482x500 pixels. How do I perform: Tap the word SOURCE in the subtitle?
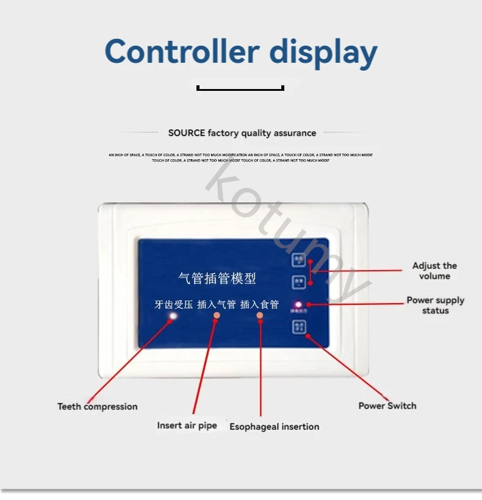[x=187, y=133]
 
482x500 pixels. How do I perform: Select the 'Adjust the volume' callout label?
[x=434, y=271]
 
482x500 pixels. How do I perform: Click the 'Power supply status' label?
[x=435, y=305]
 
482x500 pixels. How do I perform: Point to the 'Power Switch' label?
[x=387, y=405]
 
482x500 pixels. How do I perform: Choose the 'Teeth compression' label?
[x=98, y=406]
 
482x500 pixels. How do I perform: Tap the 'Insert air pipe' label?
[x=187, y=425]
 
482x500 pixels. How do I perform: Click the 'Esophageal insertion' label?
[x=274, y=426]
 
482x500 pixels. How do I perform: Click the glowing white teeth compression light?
[x=173, y=316]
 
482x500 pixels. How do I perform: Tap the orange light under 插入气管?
[x=217, y=315]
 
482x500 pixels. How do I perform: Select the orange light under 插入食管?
[x=260, y=315]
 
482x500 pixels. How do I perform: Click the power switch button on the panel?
[x=299, y=327]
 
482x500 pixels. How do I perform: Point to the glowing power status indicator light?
[x=298, y=304]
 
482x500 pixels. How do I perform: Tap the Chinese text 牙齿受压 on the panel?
[x=174, y=304]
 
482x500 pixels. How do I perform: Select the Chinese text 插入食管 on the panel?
[x=259, y=304]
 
